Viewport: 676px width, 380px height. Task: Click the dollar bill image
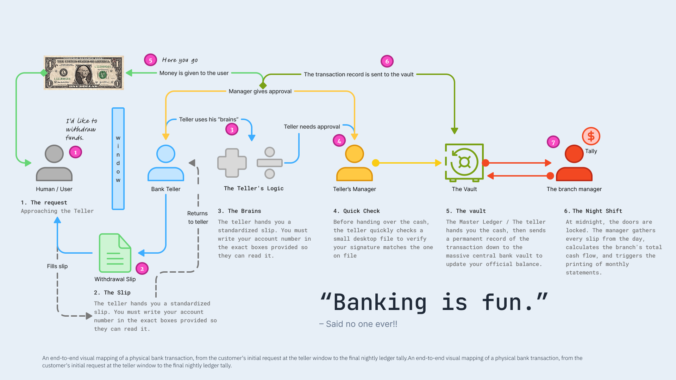pos(83,72)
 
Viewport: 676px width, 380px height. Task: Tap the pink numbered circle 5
pos(150,60)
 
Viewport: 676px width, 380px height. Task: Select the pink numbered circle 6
pos(387,61)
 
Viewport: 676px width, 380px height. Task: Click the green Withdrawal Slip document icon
pos(115,253)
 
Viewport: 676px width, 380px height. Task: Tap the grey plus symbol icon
pos(232,163)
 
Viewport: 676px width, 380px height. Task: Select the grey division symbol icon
pos(270,163)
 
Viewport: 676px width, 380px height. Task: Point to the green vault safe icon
pos(464,162)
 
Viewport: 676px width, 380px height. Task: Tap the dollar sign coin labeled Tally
pos(591,136)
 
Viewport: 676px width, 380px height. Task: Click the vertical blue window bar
pos(118,158)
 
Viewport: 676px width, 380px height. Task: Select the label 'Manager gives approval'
pos(260,91)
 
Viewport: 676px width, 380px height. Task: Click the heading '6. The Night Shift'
pos(593,211)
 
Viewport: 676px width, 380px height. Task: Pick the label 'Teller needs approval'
pos(312,127)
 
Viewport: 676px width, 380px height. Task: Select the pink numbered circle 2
pos(142,268)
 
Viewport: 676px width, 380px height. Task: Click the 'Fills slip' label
pos(57,266)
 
